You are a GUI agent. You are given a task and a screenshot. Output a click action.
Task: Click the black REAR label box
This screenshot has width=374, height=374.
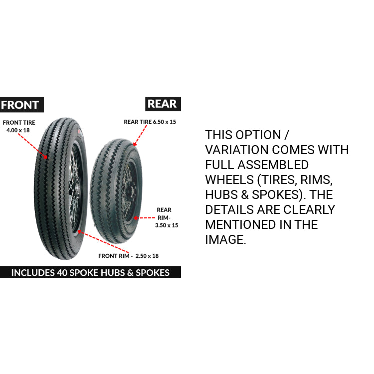click(163, 104)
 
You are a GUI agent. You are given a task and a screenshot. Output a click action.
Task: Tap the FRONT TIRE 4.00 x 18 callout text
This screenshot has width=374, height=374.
click(19, 126)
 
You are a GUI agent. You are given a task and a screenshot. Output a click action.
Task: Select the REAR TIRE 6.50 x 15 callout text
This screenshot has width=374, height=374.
click(150, 122)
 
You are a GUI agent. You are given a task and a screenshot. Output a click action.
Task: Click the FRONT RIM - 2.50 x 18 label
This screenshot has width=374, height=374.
click(129, 256)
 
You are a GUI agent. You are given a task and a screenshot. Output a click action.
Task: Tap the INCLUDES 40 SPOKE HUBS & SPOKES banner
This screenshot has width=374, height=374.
click(90, 272)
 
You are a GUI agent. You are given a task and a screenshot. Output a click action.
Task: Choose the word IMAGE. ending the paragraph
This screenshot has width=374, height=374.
click(225, 239)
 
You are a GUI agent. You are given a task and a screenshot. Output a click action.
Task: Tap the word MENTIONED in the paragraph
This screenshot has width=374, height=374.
click(240, 224)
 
